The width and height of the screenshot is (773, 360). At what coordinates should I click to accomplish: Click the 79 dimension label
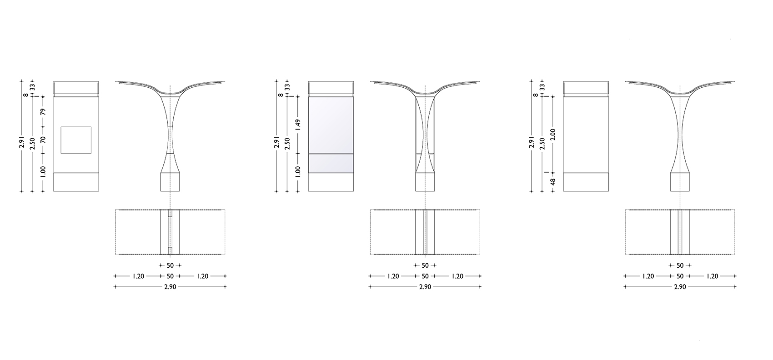click(43, 112)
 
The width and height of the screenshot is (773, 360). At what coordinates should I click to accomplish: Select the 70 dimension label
click(43, 140)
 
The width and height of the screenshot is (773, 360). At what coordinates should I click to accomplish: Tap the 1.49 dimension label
click(298, 125)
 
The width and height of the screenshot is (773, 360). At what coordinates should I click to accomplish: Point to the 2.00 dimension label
click(553, 134)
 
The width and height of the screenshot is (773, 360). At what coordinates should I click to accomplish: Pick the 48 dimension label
click(553, 182)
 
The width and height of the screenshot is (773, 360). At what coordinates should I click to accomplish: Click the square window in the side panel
click(76, 140)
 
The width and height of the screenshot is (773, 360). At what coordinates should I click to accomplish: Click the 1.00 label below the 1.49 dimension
click(298, 172)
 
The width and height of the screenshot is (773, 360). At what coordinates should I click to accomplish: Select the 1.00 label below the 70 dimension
click(43, 172)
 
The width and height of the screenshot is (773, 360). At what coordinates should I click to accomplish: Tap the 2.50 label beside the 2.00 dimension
click(542, 144)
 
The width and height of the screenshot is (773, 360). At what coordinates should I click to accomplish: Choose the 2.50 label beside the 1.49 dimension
click(287, 144)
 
